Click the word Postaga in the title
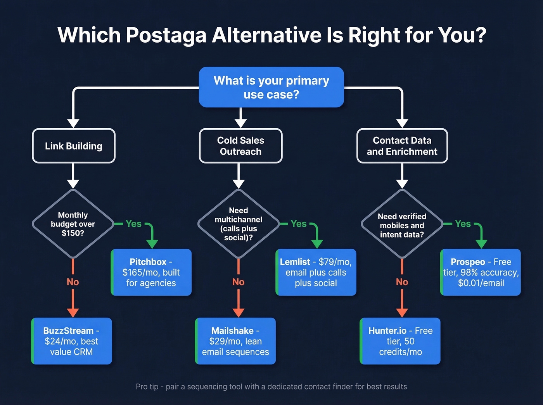(x=166, y=35)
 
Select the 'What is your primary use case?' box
(x=271, y=87)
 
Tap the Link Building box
(x=74, y=146)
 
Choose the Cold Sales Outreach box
(x=240, y=146)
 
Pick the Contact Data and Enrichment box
(x=402, y=146)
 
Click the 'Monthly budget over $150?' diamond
(x=73, y=224)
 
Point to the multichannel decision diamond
(x=239, y=224)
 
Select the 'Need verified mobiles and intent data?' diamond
(x=402, y=225)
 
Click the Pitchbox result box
(x=151, y=272)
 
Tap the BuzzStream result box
(x=72, y=341)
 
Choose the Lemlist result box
(x=316, y=272)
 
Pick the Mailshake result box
(x=235, y=341)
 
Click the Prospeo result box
(x=481, y=272)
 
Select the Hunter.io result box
(x=400, y=341)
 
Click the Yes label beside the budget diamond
(x=133, y=224)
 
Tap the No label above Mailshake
(x=238, y=282)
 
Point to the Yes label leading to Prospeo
(x=463, y=224)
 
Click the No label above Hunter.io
(x=402, y=282)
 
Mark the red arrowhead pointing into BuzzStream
(x=73, y=312)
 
